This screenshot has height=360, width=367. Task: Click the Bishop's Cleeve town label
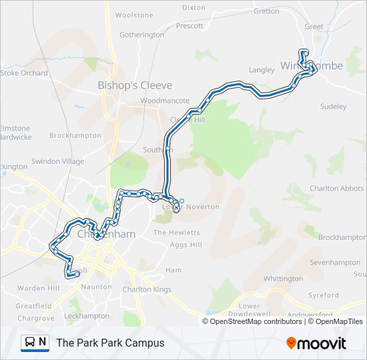pos(135,85)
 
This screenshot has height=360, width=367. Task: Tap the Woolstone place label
pos(134,15)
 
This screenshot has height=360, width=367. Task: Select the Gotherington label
pos(141,35)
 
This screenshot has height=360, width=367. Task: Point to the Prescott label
pos(189,27)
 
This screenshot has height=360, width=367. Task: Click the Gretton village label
pos(266,11)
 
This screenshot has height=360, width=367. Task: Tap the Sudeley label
pos(334,107)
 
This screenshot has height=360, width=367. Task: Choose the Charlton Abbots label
pos(336,189)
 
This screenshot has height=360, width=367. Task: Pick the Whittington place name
pos(283,279)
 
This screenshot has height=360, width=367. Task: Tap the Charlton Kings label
pos(146,289)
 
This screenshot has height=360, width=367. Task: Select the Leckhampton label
pos(87,316)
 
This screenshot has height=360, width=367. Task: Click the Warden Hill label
pos(39,289)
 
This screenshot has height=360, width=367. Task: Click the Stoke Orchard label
pos(24,73)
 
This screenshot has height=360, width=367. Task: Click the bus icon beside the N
pos(30,343)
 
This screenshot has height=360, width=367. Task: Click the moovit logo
pos(316,343)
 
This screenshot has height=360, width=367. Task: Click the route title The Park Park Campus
pos(110,343)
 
